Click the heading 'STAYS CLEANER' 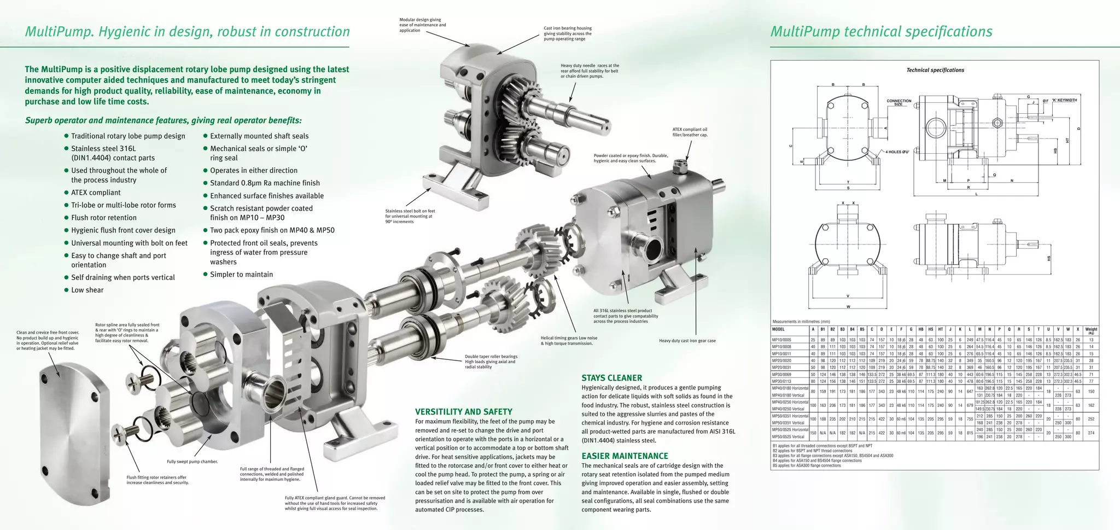(x=611, y=378)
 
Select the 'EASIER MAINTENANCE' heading (x=625, y=456)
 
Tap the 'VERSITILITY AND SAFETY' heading (x=463, y=412)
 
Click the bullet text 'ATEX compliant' (x=96, y=193)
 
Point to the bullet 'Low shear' (x=87, y=290)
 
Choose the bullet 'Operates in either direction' (x=254, y=171)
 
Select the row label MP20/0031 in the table (x=781, y=368)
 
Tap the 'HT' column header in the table (x=941, y=329)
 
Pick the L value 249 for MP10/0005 (x=970, y=340)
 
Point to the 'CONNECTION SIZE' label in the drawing (x=899, y=102)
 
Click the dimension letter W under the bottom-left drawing (x=848, y=306)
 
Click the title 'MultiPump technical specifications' (x=881, y=32)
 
